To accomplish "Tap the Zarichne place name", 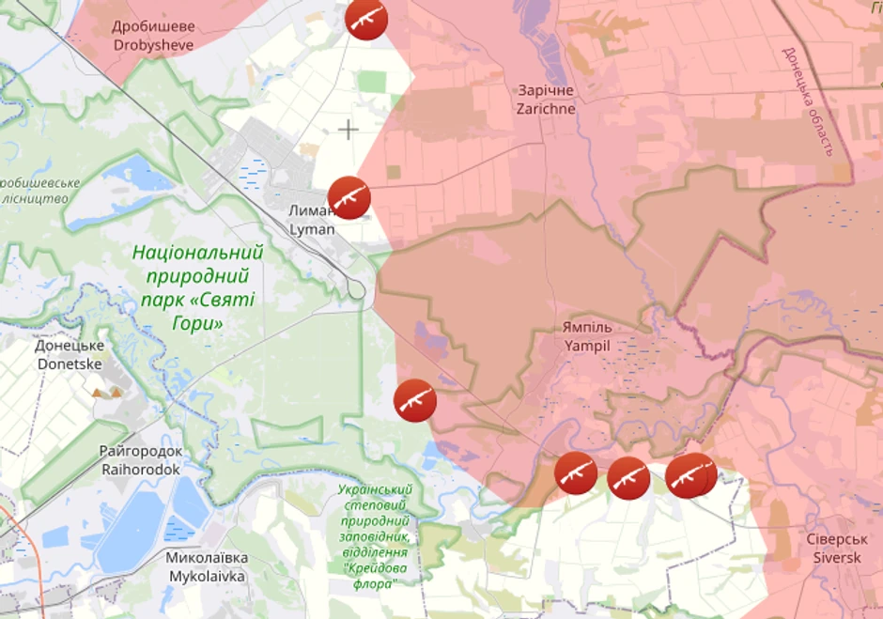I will tap(546, 100).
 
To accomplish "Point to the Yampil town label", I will tap(587, 336).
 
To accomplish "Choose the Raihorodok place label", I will tap(141, 459).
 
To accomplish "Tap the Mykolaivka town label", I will tap(206, 566).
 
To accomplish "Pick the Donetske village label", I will tap(70, 354).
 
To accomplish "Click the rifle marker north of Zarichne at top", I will tap(366, 19).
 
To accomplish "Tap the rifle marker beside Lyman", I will tap(349, 197).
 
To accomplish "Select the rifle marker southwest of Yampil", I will tap(414, 400).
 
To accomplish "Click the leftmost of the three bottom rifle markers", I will tap(575, 473).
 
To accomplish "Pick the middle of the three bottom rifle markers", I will tap(628, 477).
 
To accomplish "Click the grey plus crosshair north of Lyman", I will tap(349, 130).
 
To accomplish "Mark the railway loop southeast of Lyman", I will tap(356, 289).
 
